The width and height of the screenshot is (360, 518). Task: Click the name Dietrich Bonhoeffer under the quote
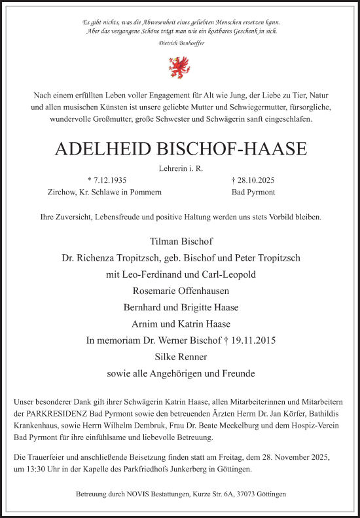click(180, 43)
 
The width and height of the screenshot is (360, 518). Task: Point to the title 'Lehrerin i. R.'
click(181, 168)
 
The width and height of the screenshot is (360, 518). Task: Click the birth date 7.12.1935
click(109, 180)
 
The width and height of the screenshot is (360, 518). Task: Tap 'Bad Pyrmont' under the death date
click(253, 193)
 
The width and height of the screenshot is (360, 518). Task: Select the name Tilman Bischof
click(180, 240)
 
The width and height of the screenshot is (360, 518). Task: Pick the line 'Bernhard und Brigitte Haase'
click(180, 306)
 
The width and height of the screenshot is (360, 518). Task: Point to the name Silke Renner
click(180, 357)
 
